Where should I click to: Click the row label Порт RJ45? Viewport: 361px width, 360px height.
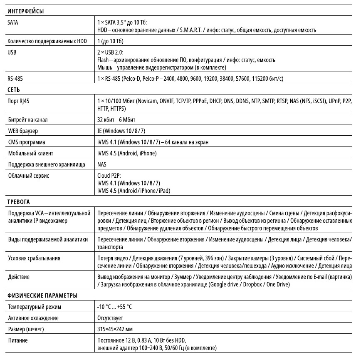[21, 101]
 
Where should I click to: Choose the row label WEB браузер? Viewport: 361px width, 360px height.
[23, 131]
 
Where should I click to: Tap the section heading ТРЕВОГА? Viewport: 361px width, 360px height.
[19, 202]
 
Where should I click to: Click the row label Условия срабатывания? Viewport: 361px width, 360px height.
[34, 258]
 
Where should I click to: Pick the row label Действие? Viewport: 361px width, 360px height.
[19, 277]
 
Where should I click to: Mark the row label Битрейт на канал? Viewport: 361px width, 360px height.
[28, 120]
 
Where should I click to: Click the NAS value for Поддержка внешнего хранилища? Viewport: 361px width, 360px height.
[101, 164]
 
